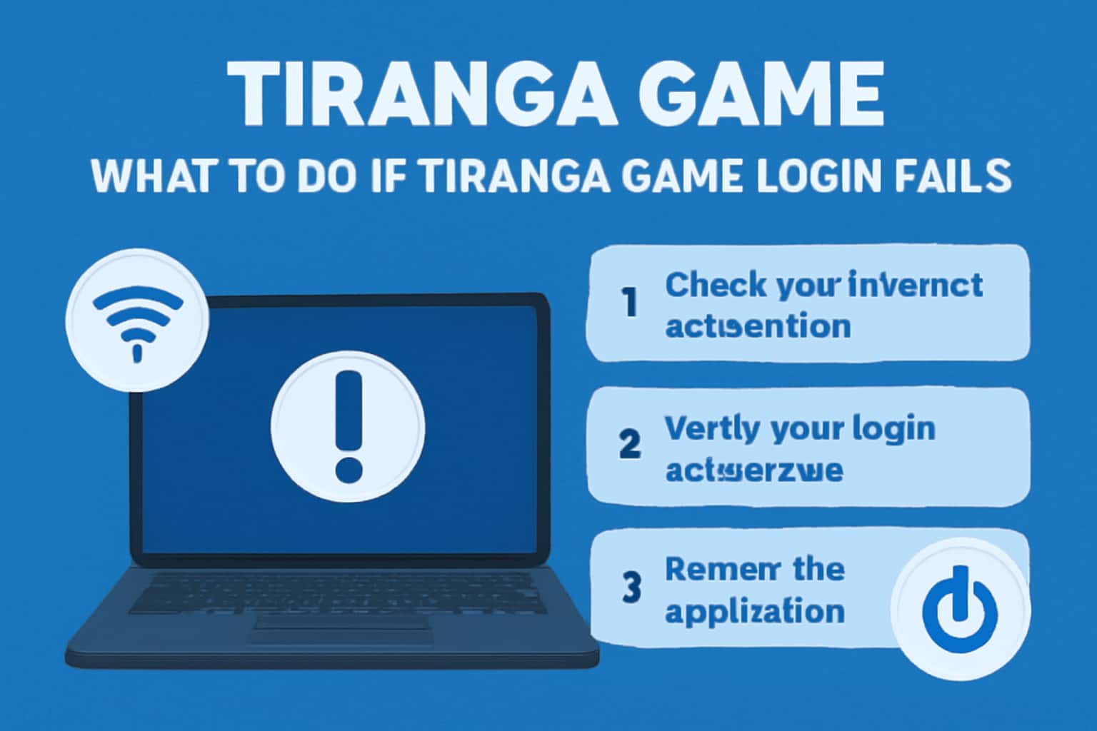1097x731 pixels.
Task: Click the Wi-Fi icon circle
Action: [x=137, y=320]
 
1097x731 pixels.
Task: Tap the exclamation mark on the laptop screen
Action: [x=349, y=427]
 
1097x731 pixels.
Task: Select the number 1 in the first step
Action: [x=628, y=303]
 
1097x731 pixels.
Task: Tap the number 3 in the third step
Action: [x=631, y=587]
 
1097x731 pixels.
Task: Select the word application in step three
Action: [x=755, y=612]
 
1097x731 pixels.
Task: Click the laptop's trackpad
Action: [x=343, y=627]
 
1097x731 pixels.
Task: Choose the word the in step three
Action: [x=818, y=570]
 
